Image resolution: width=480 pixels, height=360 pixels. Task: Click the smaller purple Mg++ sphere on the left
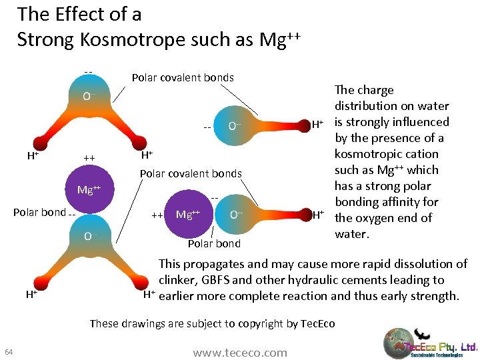(89, 191)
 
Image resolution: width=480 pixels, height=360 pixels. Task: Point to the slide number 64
(9, 352)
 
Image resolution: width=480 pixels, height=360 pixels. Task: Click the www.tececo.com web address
(240, 353)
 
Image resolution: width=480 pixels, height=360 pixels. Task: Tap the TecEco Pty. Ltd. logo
(430, 344)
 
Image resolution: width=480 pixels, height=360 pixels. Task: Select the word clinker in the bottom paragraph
(178, 280)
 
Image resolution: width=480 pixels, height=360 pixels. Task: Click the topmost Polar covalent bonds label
(183, 77)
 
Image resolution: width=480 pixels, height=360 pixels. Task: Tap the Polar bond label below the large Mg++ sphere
(214, 243)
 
